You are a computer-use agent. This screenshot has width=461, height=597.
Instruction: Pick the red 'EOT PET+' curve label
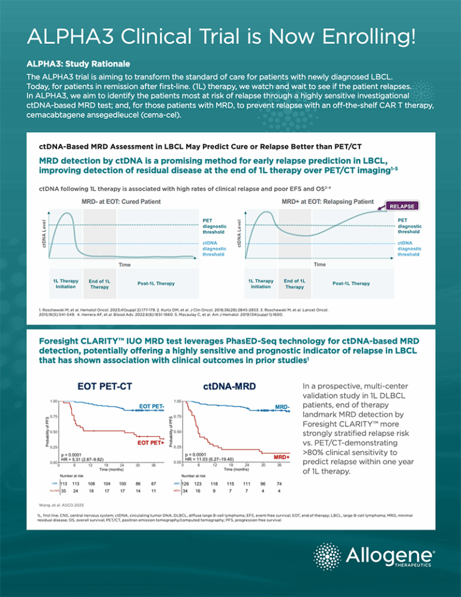point(151,443)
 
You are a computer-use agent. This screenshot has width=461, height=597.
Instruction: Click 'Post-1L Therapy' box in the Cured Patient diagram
point(148,283)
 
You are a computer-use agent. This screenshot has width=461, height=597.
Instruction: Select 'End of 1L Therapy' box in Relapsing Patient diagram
point(294,283)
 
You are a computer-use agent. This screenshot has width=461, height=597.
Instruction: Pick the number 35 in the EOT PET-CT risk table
point(63,491)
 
